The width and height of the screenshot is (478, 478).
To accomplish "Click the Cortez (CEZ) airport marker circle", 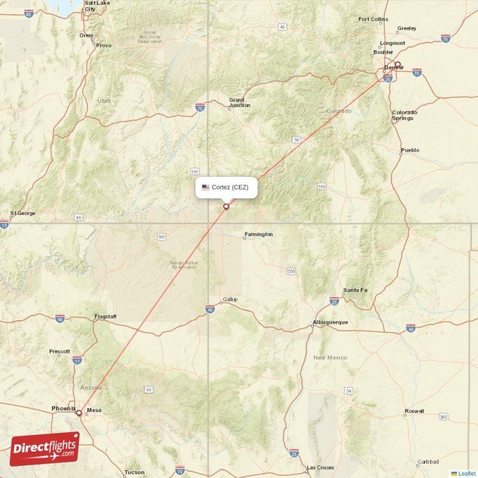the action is [x=226, y=207].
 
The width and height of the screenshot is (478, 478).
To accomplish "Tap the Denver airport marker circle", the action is [x=397, y=65].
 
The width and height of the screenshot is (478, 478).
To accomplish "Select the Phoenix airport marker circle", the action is [x=78, y=412].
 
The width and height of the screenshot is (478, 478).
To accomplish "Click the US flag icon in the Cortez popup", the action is [x=206, y=188].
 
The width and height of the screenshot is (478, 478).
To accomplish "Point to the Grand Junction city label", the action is [x=240, y=103].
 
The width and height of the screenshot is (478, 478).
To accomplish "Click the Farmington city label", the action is [x=259, y=234].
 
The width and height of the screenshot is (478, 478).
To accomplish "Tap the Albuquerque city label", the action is [x=330, y=323].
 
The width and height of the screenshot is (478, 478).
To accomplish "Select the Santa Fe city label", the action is [x=356, y=290].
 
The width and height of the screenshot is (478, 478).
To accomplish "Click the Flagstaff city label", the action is [x=105, y=316].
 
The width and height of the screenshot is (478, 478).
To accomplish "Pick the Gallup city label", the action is [x=230, y=299].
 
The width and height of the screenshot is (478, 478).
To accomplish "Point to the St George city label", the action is [x=23, y=213].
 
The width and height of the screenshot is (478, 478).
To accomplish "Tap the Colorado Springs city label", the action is [x=405, y=115].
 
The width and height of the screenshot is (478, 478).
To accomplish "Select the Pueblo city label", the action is [x=410, y=150].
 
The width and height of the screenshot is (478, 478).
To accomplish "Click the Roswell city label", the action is [x=413, y=411].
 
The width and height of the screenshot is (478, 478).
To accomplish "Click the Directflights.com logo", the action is [x=44, y=449].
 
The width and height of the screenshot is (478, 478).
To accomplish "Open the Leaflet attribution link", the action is [x=467, y=473].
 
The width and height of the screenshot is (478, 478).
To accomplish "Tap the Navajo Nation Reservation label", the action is [x=183, y=265].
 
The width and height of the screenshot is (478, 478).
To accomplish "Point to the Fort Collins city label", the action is [x=373, y=19].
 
